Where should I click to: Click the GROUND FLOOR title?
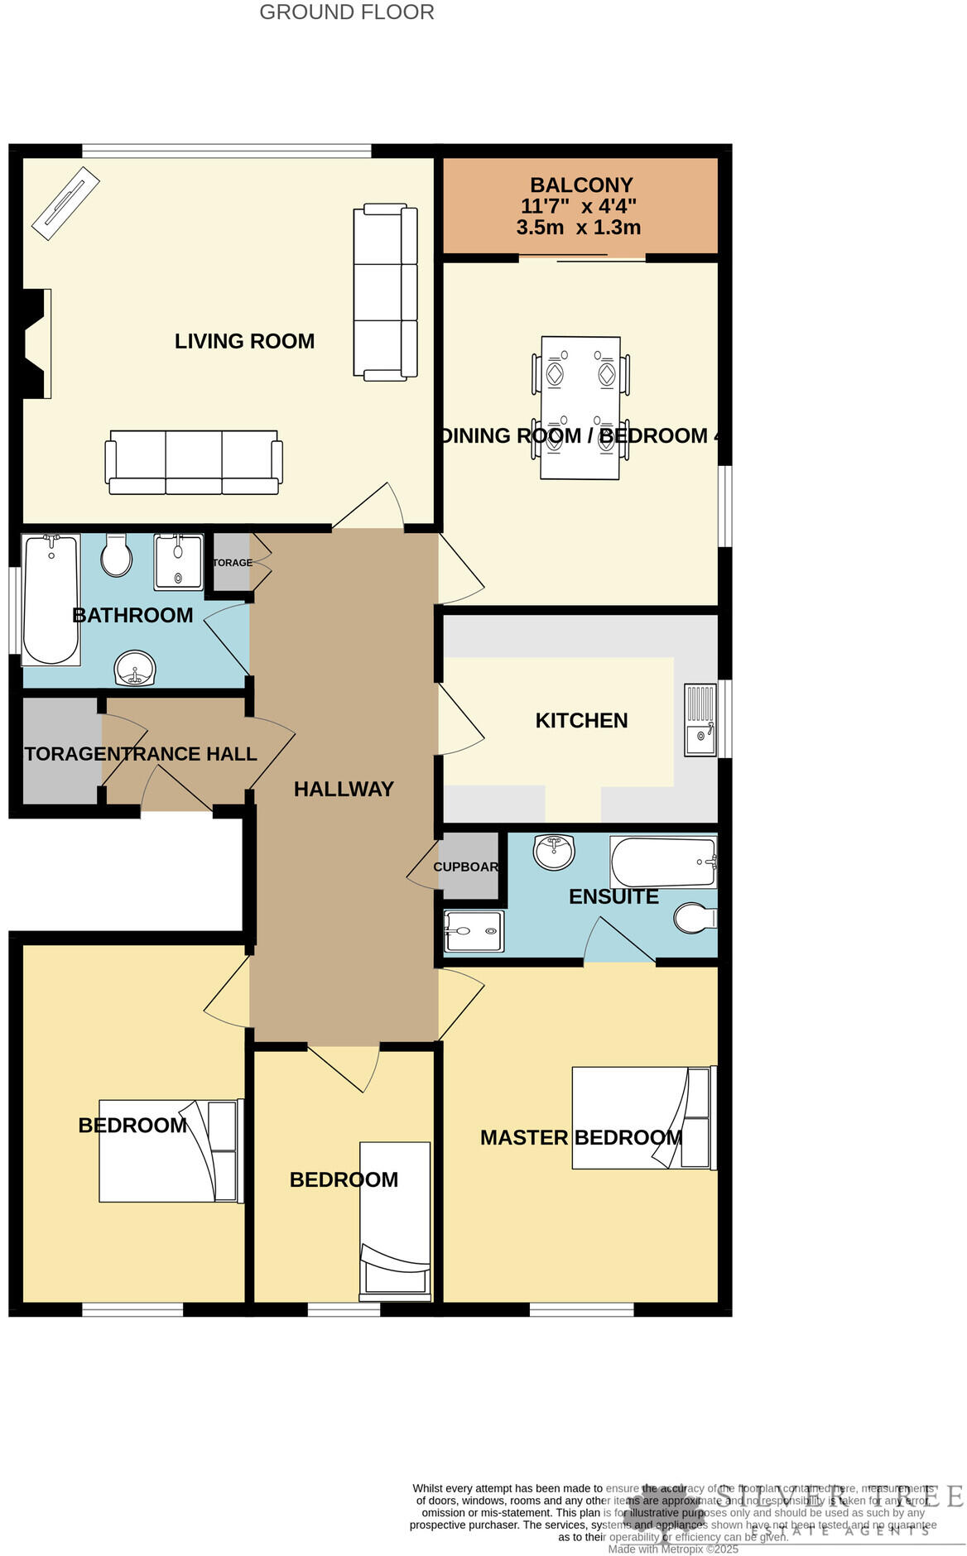point(346,12)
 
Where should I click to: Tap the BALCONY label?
point(581,185)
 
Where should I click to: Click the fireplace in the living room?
point(36,343)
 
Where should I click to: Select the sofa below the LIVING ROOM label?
point(193,462)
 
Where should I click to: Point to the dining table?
point(580,407)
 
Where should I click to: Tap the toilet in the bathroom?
point(116,555)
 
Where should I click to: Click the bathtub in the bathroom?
point(51,599)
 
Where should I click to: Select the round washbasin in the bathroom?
point(134,668)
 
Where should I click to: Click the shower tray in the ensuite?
point(473,931)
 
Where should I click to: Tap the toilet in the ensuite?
point(694,917)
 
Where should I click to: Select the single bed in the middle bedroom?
point(395,1217)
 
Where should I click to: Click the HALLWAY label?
point(344,789)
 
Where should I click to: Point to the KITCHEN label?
point(581,720)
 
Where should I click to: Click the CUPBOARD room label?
point(466,867)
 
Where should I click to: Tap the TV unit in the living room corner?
point(65,204)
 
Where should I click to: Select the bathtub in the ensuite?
point(662,862)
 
